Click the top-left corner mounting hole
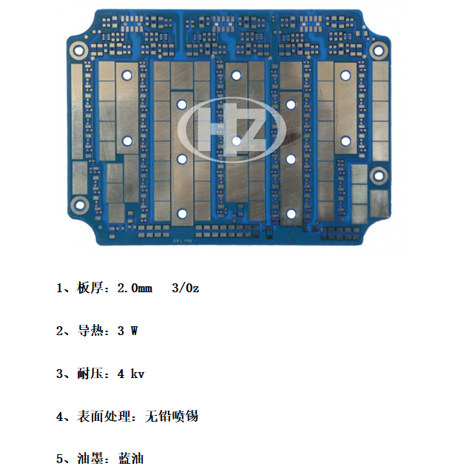coord(79,50)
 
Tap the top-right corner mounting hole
coord(378,50)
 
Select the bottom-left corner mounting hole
coord(80,205)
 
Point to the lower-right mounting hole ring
coord(379,176)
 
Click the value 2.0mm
coord(135,289)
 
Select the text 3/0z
coord(186,288)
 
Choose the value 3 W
coord(128,331)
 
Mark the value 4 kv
coord(131,374)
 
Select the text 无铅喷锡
coord(172,417)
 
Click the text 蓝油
coord(131,459)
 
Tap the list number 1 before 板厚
coord(60,289)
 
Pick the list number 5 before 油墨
coord(60,459)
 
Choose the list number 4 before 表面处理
coord(60,417)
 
